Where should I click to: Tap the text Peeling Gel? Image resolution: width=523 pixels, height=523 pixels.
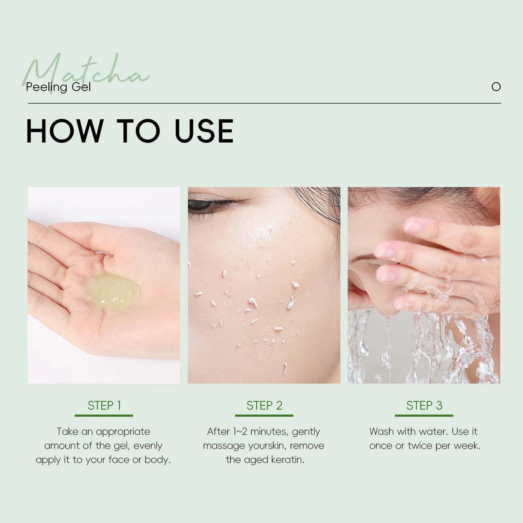pyautogui.click(x=58, y=87)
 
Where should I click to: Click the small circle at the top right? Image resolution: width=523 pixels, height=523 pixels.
pyautogui.click(x=496, y=87)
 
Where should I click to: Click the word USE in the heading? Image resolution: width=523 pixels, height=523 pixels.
pyautogui.click(x=204, y=131)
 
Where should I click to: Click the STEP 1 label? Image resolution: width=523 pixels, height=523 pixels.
pyautogui.click(x=104, y=405)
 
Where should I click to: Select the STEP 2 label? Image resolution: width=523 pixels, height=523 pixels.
pyautogui.click(x=264, y=405)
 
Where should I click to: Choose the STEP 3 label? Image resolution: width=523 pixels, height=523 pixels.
pyautogui.click(x=424, y=405)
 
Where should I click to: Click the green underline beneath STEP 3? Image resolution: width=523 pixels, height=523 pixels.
pyautogui.click(x=424, y=415)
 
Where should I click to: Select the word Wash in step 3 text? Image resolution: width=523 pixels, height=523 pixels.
pyautogui.click(x=381, y=431)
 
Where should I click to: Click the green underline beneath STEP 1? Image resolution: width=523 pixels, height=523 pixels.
pyautogui.click(x=104, y=415)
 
